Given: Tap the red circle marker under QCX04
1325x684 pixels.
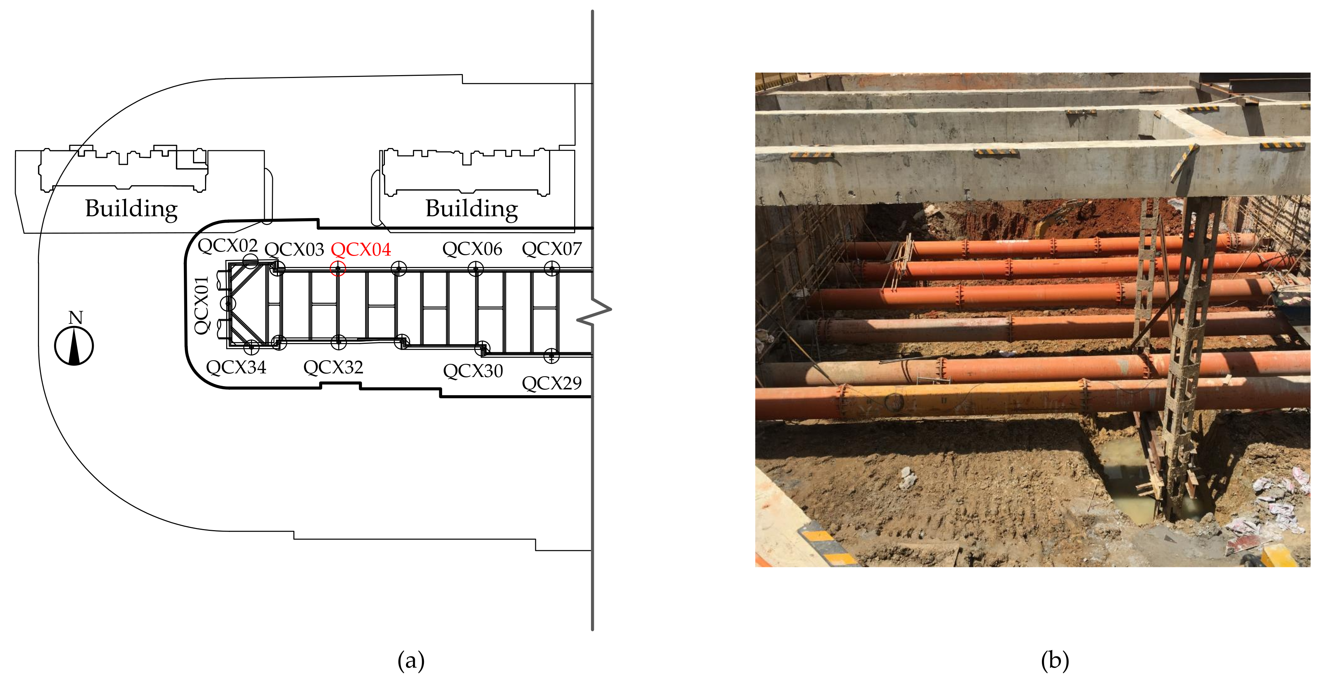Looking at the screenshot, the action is tap(338, 268).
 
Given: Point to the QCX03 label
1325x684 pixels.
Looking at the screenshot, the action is tap(294, 250).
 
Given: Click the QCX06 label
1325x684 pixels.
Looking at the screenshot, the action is tap(472, 249).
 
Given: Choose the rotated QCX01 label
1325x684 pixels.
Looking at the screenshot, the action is tap(201, 305).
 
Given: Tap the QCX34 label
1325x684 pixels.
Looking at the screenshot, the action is tap(236, 368).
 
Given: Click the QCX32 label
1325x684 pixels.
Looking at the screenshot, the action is tap(333, 368).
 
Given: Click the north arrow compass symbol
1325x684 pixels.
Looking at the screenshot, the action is tap(74, 346).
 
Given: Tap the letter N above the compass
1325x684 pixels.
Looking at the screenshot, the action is tap(76, 318).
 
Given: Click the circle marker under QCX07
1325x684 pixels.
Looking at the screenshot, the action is tap(552, 268).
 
